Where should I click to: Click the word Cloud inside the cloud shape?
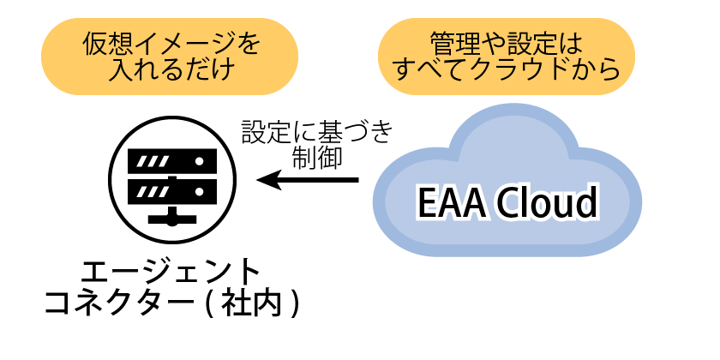click(549, 204)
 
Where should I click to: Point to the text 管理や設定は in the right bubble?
click(505, 42)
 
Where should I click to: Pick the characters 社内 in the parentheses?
click(253, 303)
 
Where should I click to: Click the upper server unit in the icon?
click(171, 160)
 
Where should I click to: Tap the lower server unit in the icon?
click(171, 187)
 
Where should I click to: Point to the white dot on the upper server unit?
click(199, 160)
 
